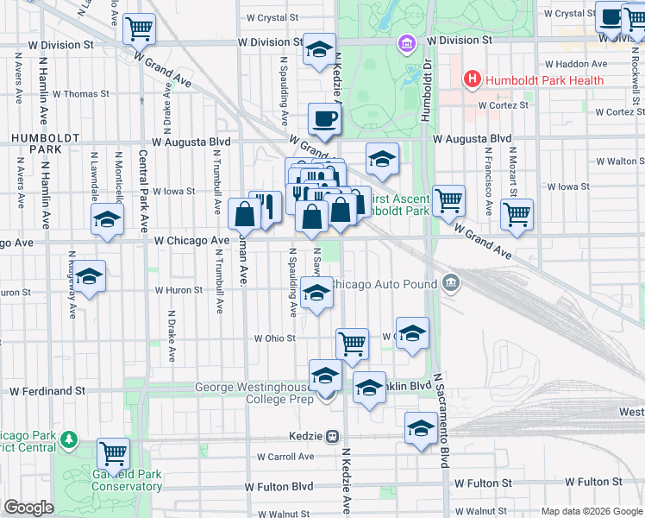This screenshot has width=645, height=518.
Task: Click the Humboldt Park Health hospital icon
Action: [473, 80]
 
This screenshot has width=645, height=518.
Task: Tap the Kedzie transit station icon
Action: [332, 437]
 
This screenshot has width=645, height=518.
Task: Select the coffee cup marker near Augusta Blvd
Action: [324, 120]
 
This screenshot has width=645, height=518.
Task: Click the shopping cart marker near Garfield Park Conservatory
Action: [113, 453]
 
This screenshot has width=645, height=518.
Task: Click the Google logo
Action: [28, 508]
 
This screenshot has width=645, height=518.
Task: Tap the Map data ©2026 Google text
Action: [592, 511]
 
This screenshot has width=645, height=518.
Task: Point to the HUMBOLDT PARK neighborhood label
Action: [31, 143]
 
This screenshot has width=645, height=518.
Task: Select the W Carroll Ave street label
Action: [285, 457]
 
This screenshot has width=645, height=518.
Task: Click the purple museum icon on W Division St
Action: [405, 42]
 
